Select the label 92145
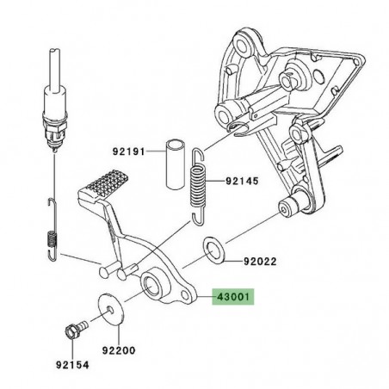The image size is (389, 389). (243, 182)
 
